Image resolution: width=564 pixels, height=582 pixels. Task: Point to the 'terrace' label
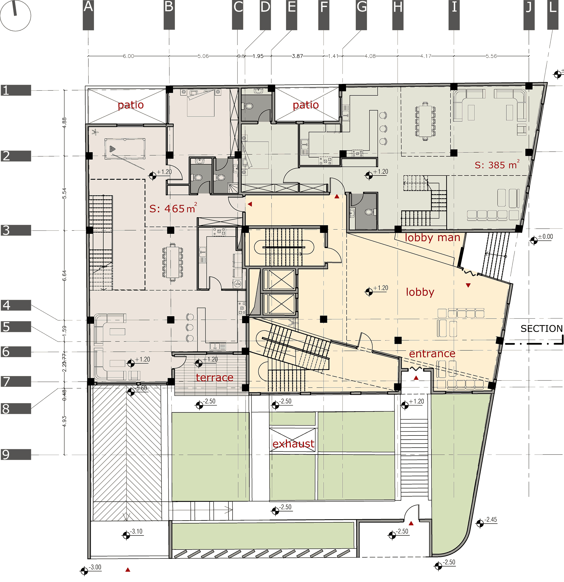click(214, 377)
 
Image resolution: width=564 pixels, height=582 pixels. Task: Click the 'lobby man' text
click(432, 238)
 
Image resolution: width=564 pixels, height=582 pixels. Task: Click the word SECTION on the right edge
click(541, 328)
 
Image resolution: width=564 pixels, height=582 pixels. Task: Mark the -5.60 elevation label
click(141, 388)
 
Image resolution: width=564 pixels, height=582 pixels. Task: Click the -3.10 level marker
click(137, 531)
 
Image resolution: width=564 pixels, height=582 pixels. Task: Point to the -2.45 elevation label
click(490, 520)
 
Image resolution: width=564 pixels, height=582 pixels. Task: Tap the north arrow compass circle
click(16, 16)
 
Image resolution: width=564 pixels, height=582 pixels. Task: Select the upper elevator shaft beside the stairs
click(279, 280)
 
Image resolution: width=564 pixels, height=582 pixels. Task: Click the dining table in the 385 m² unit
click(425, 121)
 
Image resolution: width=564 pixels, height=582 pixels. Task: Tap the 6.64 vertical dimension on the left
click(64, 275)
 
